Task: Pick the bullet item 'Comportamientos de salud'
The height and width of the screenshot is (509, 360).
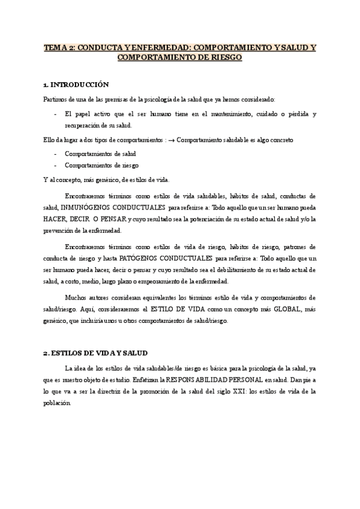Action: (x=95, y=154)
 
